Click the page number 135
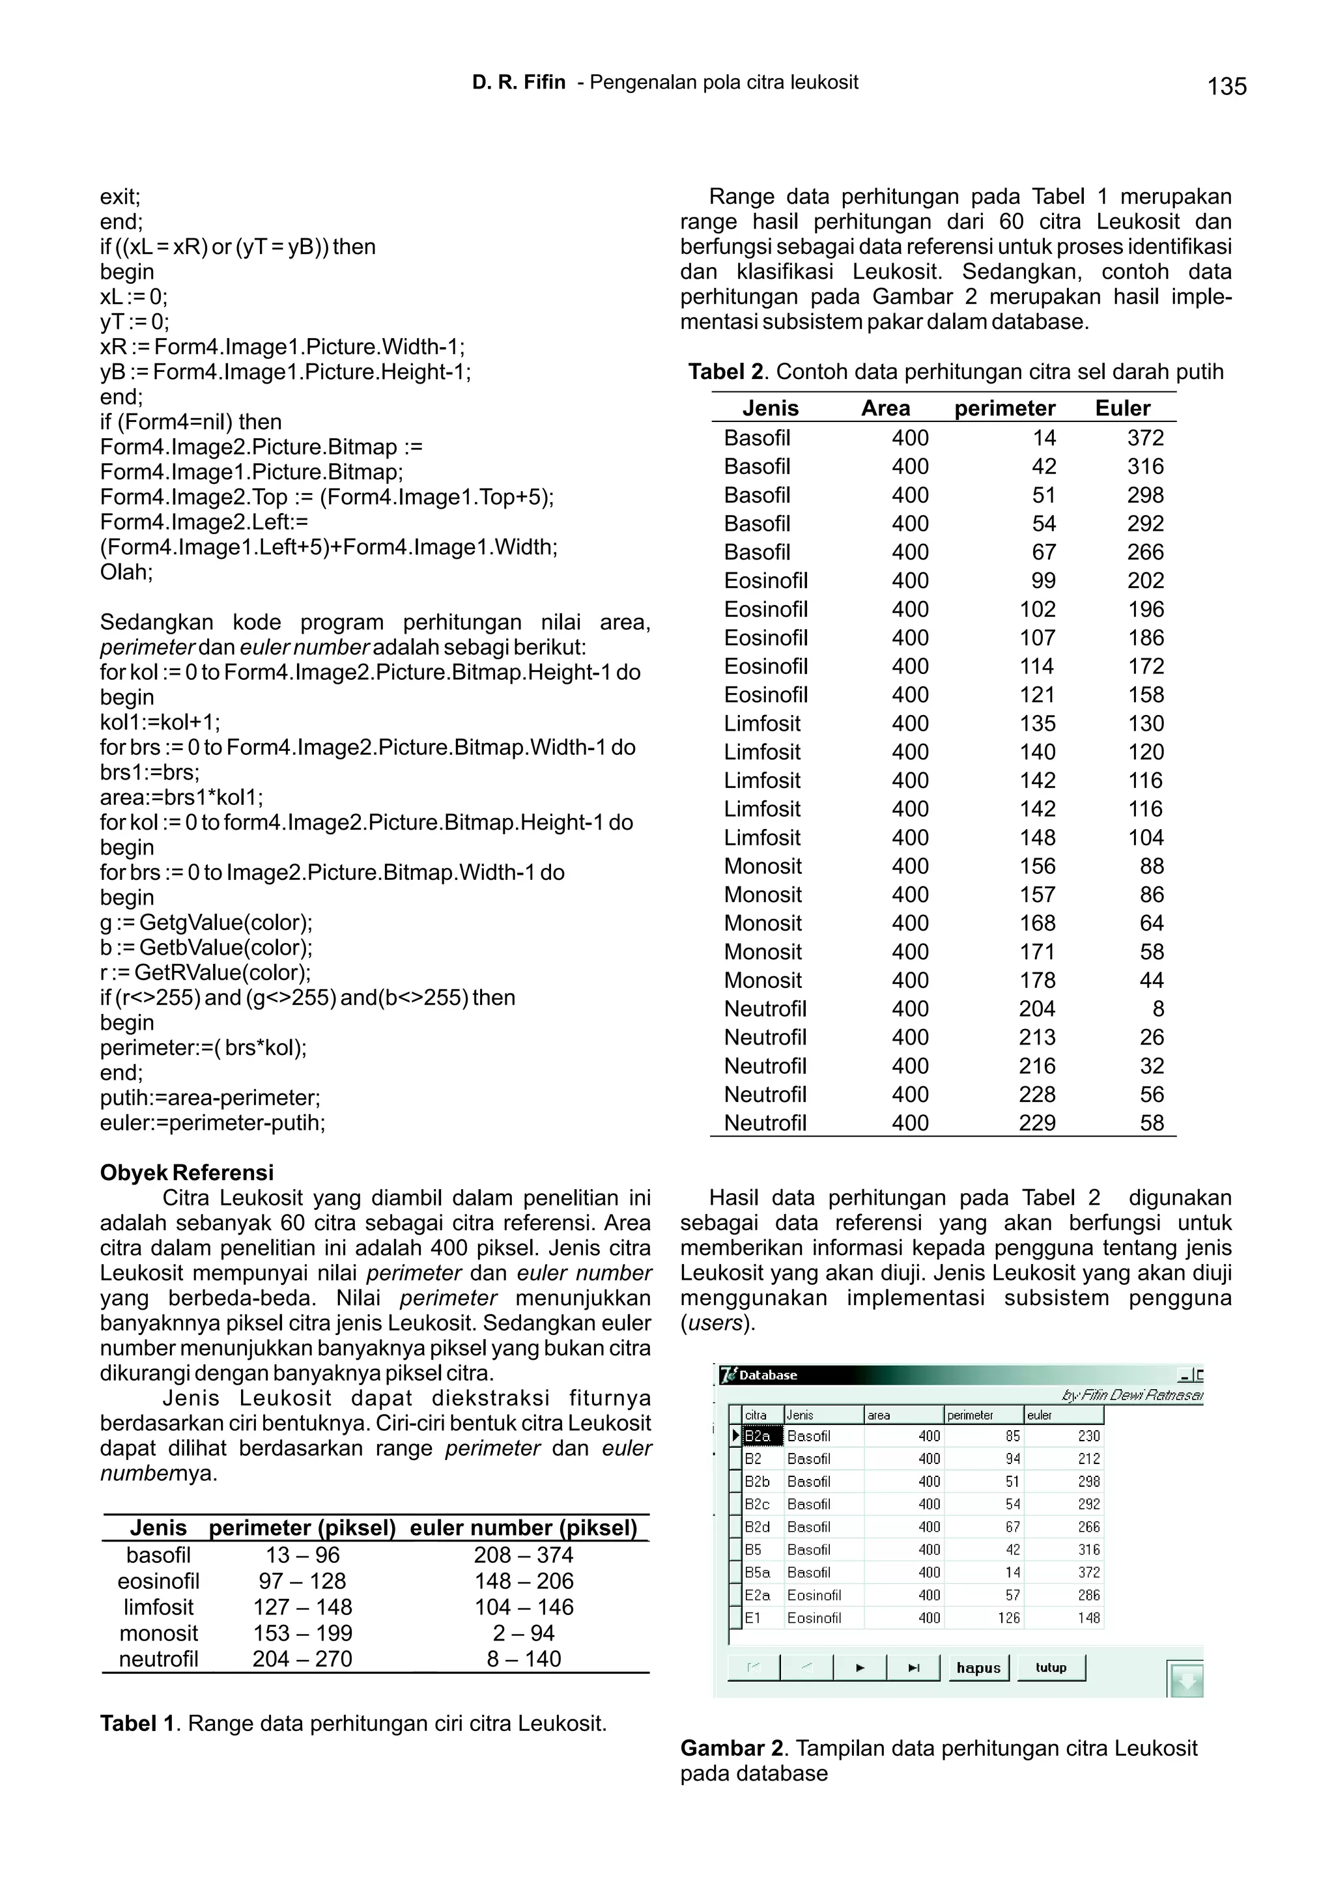(1227, 86)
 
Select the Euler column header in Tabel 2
(1122, 408)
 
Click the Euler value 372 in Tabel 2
(1145, 438)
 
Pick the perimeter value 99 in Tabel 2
(1043, 581)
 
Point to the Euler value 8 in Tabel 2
(1157, 1009)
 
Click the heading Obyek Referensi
(186, 1172)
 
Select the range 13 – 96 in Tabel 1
(302, 1555)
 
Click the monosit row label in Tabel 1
(158, 1633)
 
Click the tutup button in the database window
(1051, 1667)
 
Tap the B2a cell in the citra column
(758, 1437)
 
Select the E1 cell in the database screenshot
(753, 1618)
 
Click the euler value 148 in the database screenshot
(1088, 1618)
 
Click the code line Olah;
(126, 572)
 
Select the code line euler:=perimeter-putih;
(213, 1123)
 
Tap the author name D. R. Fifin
(518, 82)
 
